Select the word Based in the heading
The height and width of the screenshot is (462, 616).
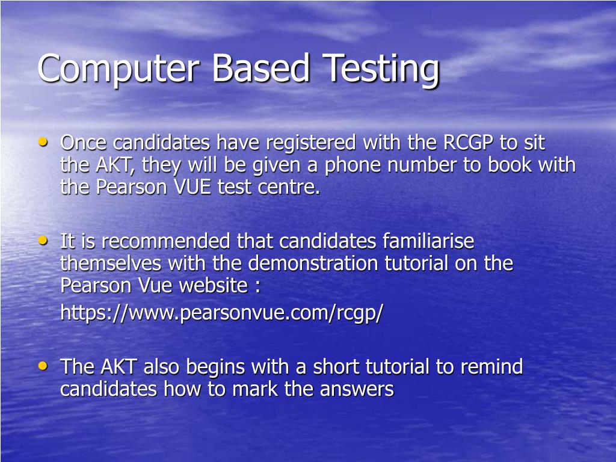click(260, 67)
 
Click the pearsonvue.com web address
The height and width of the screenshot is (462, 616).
click(221, 313)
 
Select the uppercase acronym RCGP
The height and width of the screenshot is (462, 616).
click(469, 143)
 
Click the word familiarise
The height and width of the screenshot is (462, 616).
click(428, 242)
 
